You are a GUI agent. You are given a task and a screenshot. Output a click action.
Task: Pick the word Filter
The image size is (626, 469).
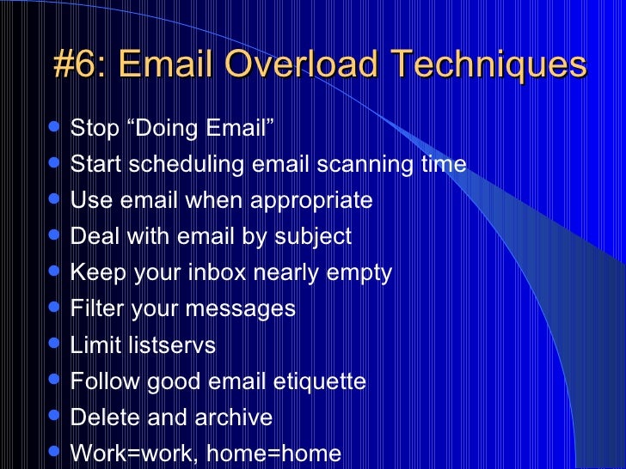[95, 308]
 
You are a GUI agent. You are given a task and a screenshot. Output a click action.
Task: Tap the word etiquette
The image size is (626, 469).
[319, 381]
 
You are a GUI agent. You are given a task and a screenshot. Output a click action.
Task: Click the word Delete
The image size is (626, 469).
[99, 417]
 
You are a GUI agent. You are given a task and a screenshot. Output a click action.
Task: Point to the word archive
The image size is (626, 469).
[234, 417]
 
